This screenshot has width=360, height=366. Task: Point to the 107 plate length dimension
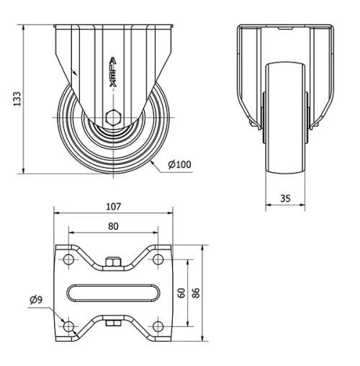click(113, 207)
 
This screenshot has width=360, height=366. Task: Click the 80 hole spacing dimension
click(113, 226)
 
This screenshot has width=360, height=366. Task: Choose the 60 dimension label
click(182, 293)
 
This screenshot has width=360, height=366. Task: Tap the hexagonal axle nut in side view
click(113, 118)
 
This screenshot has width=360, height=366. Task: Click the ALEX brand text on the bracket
click(113, 72)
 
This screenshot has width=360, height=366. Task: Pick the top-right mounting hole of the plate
click(158, 259)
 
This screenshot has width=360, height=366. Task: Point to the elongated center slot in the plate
click(113, 293)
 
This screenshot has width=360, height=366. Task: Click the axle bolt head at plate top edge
click(113, 262)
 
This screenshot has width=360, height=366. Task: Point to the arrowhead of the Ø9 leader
click(63, 323)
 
